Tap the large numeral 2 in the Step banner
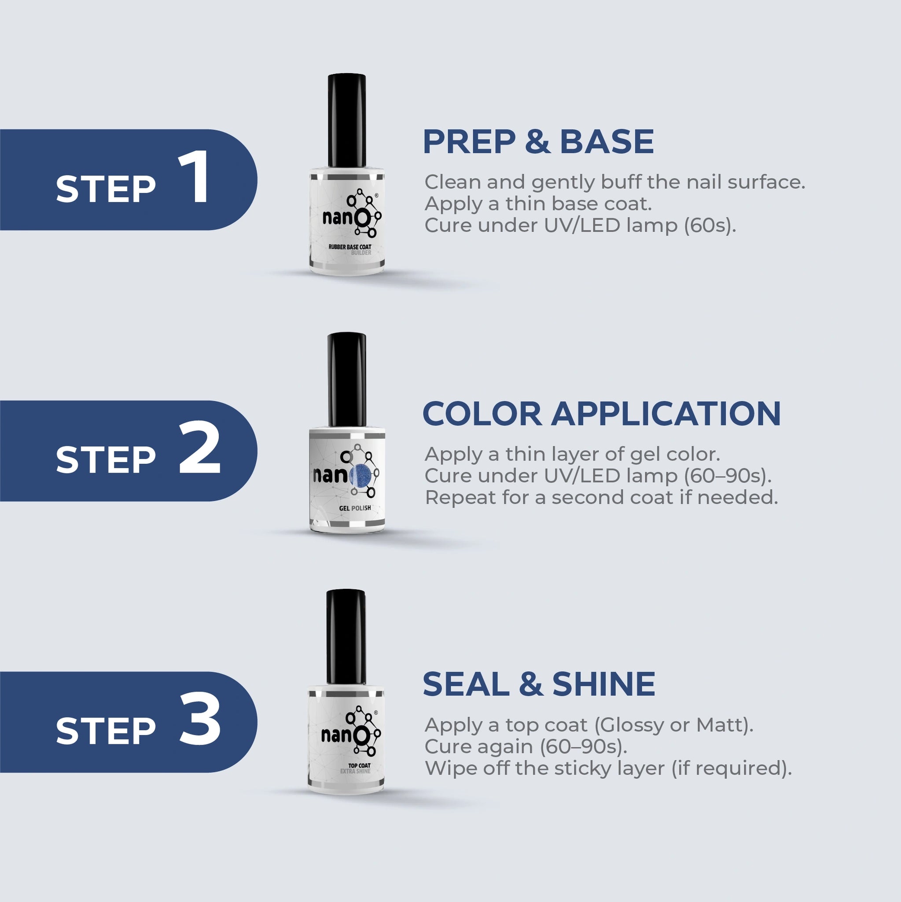(x=200, y=447)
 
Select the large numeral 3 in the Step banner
(x=200, y=718)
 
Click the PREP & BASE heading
(x=538, y=141)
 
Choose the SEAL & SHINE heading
(x=539, y=684)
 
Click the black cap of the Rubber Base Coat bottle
(x=346, y=120)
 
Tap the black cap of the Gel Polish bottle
(x=346, y=379)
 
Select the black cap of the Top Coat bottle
(x=346, y=637)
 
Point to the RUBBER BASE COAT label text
(x=350, y=247)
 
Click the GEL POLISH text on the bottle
(x=355, y=508)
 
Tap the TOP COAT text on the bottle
(x=359, y=765)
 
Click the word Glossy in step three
(x=629, y=725)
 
